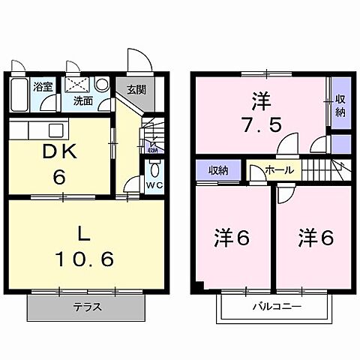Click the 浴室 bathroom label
(43, 87)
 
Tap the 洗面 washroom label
(82, 101)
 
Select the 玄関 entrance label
(136, 88)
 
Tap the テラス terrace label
(87, 307)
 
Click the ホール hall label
(280, 170)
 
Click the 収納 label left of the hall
(218, 169)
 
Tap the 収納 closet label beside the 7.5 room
(340, 106)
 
